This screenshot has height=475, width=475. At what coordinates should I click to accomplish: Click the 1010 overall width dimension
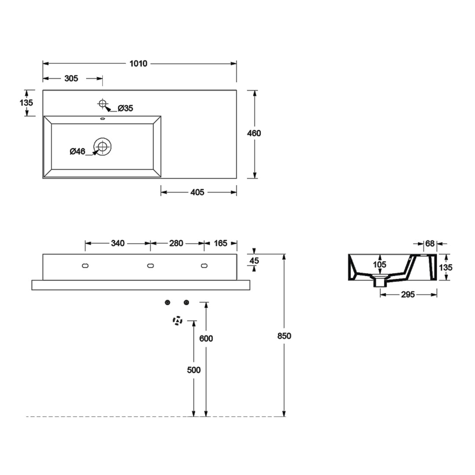pyautogui.click(x=138, y=64)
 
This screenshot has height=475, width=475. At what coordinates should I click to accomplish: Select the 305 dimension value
pyautogui.click(x=71, y=79)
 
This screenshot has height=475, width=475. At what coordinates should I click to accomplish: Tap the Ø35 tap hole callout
pyautogui.click(x=125, y=108)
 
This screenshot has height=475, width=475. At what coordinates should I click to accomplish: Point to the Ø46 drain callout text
pyautogui.click(x=77, y=152)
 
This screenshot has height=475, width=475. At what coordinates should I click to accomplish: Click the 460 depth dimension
pyautogui.click(x=254, y=133)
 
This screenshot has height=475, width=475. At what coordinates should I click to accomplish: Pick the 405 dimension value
pyautogui.click(x=197, y=192)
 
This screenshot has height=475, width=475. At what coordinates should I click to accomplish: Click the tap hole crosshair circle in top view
pyautogui.click(x=103, y=104)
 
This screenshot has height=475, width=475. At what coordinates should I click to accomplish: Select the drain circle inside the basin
pyautogui.click(x=103, y=146)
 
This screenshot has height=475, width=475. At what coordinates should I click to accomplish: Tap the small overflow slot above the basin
pyautogui.click(x=103, y=118)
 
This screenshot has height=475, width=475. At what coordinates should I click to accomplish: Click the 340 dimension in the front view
pyautogui.click(x=117, y=243)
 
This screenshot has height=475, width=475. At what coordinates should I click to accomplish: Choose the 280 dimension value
pyautogui.click(x=176, y=243)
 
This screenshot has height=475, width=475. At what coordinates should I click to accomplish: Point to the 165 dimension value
pyautogui.click(x=220, y=243)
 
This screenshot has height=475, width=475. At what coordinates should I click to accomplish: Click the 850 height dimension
pyautogui.click(x=285, y=336)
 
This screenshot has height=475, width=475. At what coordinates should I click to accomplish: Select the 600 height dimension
pyautogui.click(x=206, y=339)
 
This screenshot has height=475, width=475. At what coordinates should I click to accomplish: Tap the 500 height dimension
pyautogui.click(x=194, y=370)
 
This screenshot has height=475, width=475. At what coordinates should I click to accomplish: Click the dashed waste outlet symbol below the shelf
pyautogui.click(x=177, y=321)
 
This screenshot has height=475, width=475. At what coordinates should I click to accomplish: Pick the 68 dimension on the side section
pyautogui.click(x=430, y=243)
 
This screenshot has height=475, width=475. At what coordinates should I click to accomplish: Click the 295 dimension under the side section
pyautogui.click(x=408, y=295)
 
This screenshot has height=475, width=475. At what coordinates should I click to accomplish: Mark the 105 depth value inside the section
pyautogui.click(x=380, y=265)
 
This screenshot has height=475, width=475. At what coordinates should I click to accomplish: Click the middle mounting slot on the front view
pyautogui.click(x=150, y=266)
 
